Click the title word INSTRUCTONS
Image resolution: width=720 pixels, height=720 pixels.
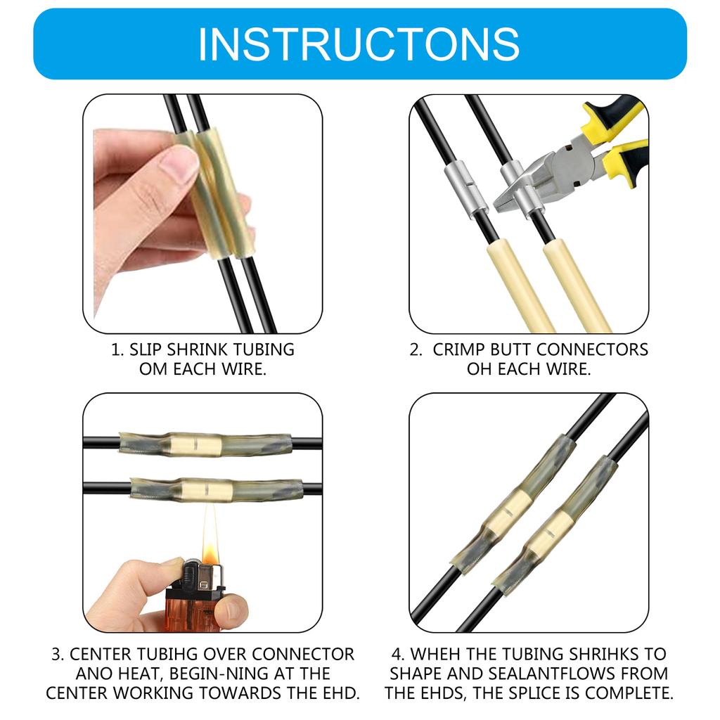point(359,44)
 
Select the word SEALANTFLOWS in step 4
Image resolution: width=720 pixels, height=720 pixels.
point(541,674)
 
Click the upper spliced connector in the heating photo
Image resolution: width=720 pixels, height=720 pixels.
point(204,444)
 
